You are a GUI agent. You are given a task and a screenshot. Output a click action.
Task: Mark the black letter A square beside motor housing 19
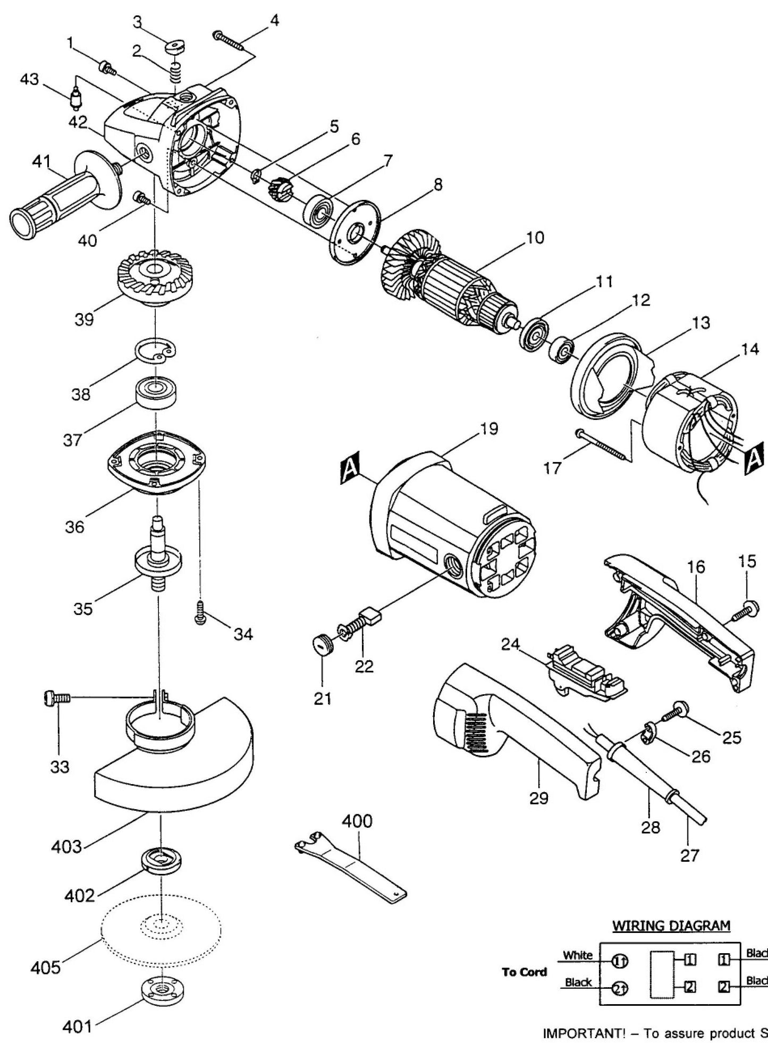pos(353,469)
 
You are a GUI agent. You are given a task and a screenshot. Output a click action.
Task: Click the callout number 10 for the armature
pos(535,238)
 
